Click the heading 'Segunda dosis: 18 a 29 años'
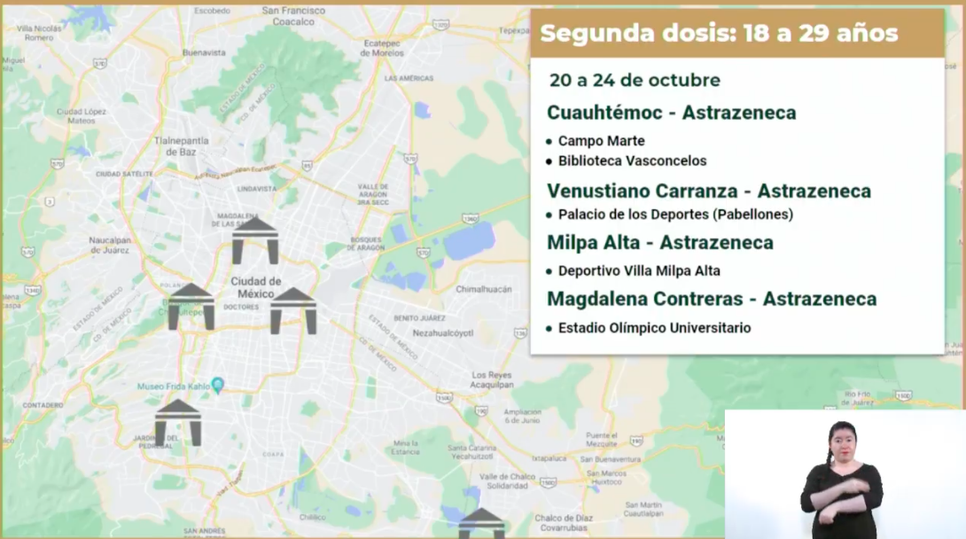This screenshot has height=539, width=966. [719, 34]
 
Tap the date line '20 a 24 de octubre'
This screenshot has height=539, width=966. [635, 81]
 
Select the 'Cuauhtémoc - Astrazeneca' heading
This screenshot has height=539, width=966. [671, 113]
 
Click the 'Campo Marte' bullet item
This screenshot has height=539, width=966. [601, 141]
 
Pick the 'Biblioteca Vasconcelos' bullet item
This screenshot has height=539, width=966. [632, 161]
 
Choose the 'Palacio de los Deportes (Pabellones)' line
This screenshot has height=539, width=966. [674, 215]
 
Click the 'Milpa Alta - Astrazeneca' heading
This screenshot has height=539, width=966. [659, 243]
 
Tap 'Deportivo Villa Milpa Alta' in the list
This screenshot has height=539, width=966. [638, 271]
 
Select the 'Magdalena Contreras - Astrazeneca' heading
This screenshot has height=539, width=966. [711, 299]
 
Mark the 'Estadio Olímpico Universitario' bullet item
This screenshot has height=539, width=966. [654, 328]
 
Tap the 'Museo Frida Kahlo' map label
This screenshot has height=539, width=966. [172, 387]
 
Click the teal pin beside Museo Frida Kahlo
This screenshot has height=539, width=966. [218, 385]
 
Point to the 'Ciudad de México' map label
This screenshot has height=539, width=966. [256, 287]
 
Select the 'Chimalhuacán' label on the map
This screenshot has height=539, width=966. [485, 289]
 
